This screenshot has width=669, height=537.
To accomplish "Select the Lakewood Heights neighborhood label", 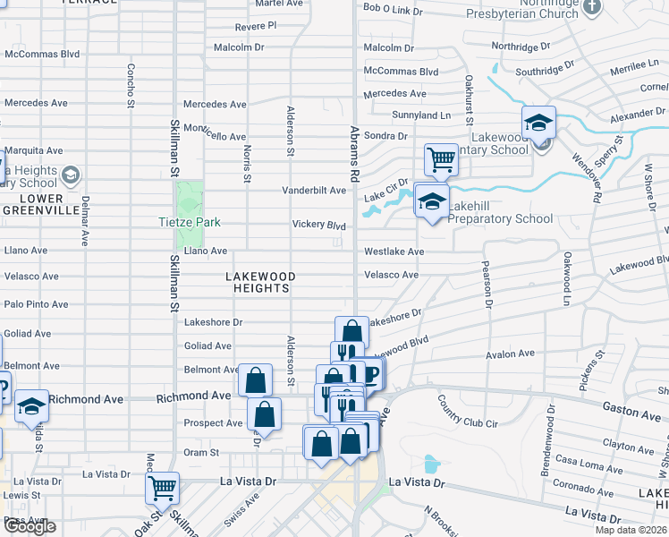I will (x=262, y=282).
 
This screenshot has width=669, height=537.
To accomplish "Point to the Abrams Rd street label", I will (x=355, y=149).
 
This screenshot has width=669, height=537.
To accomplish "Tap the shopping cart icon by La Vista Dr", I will (x=163, y=489).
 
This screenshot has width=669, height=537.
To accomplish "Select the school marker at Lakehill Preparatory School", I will (x=431, y=200).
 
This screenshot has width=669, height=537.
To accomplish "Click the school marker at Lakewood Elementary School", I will (x=539, y=123).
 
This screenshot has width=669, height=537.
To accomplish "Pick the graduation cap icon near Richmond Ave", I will (x=31, y=405).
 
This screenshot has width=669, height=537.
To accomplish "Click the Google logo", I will (x=30, y=526).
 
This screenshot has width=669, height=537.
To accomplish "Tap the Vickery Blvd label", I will (x=318, y=225).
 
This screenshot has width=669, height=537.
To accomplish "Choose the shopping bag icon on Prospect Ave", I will (x=264, y=414).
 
